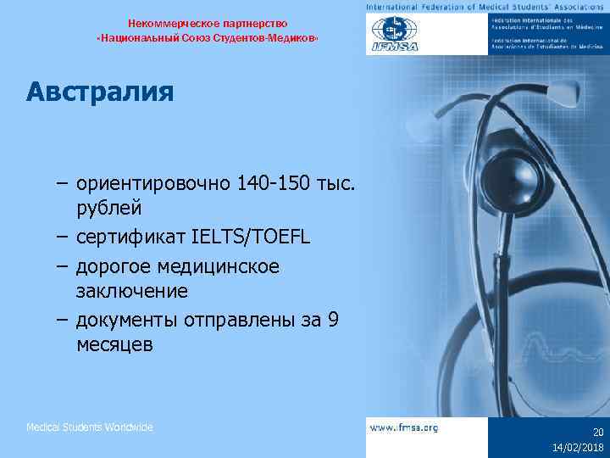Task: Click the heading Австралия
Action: click(x=99, y=91)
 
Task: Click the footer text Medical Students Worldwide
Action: click(x=90, y=427)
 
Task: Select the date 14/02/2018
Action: click(x=579, y=447)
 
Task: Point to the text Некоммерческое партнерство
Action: click(x=208, y=22)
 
